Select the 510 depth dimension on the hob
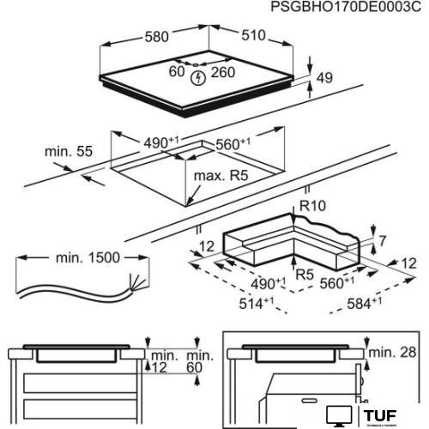(x=251, y=39)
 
